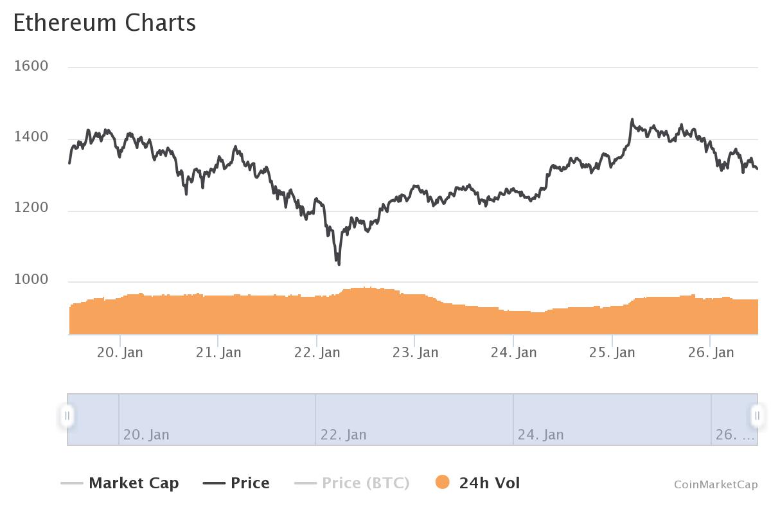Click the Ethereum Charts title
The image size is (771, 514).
point(104,23)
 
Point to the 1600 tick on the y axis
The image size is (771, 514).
point(31,66)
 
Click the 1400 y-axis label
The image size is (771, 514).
point(31,137)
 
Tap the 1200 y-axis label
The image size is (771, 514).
point(31,208)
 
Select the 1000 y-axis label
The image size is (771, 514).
point(31,279)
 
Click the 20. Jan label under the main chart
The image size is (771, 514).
point(120,352)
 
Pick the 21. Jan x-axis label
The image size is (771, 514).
point(218,352)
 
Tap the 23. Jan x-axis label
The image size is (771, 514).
point(415,352)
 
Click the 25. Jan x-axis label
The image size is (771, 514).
point(612,352)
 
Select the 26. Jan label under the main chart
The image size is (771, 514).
point(711,352)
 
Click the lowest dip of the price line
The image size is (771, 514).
point(339,263)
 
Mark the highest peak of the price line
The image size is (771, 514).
point(632,120)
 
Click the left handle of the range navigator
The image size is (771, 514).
point(67,416)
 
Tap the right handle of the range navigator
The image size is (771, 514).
point(757,416)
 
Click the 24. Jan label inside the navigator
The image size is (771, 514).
point(540,434)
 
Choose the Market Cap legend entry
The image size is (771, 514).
point(120,483)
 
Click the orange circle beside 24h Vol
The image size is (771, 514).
point(442,483)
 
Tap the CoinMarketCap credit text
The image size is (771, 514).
point(716,484)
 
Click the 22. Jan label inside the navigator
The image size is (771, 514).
point(343,434)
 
